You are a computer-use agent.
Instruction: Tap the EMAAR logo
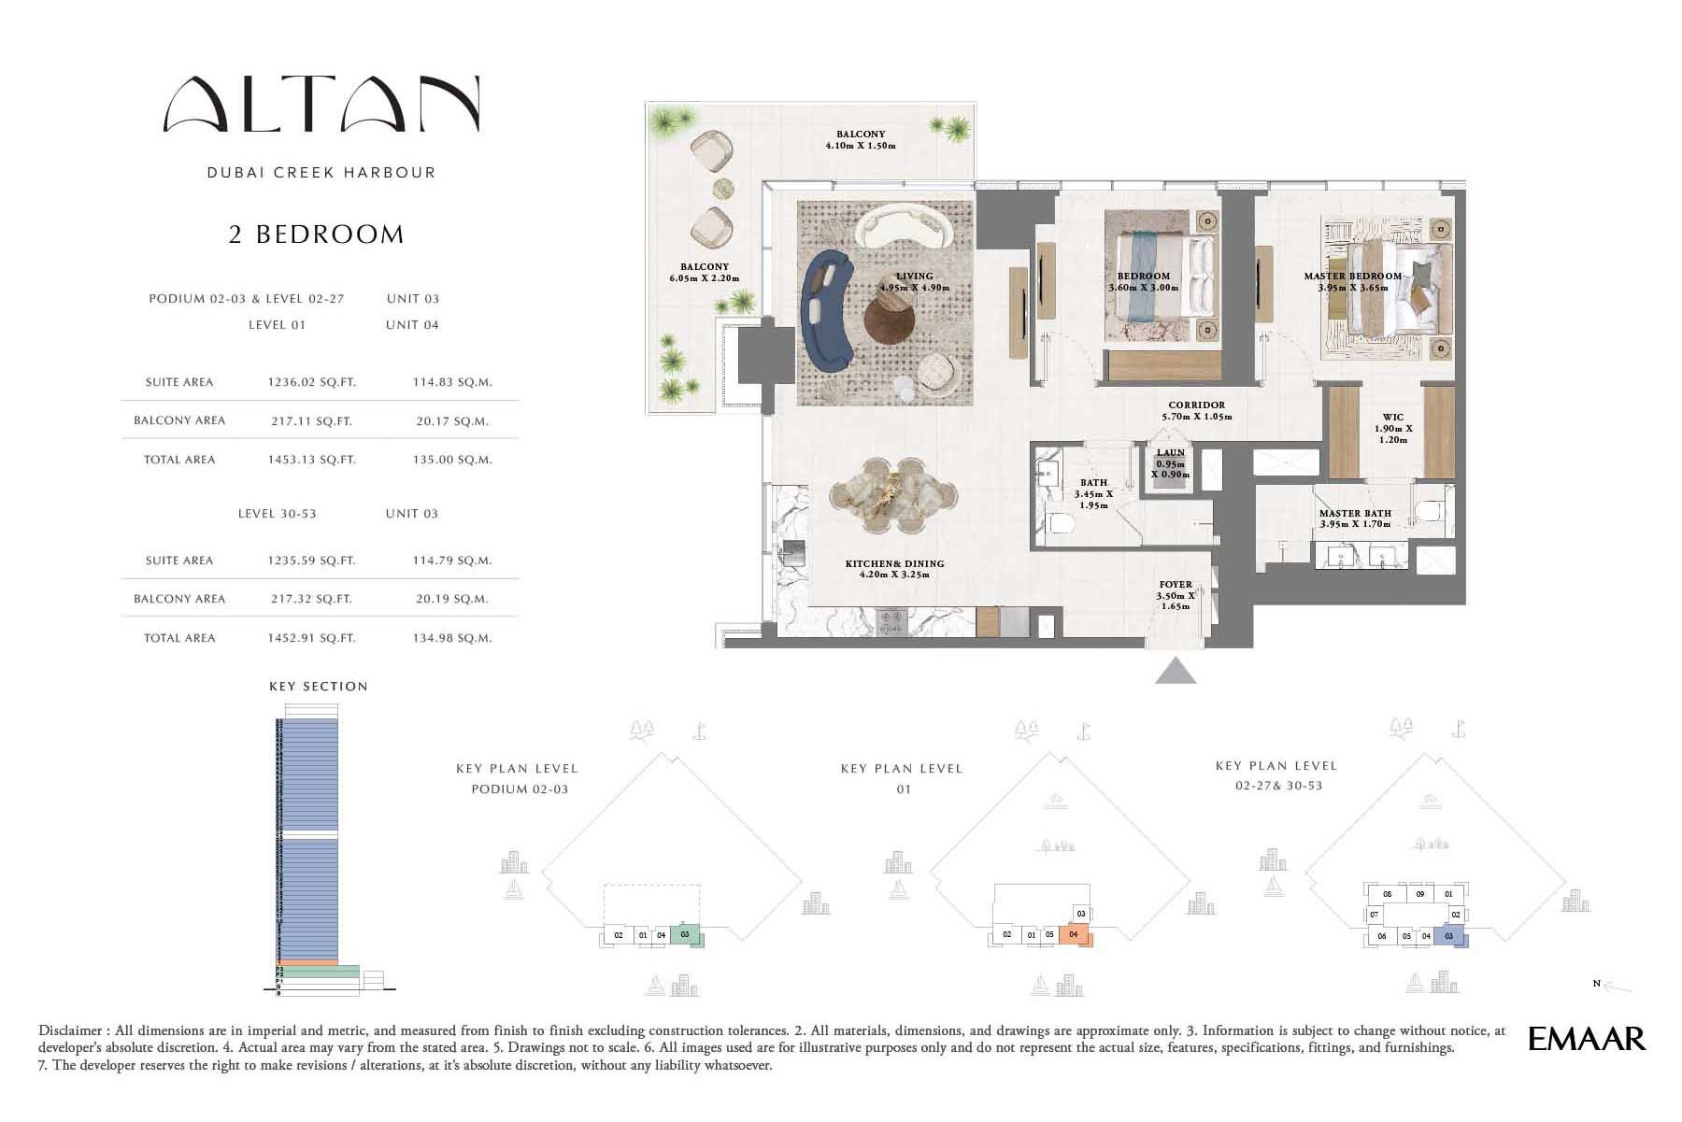(1587, 1039)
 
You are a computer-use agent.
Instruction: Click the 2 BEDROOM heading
(317, 234)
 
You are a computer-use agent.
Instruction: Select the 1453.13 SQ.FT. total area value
(311, 460)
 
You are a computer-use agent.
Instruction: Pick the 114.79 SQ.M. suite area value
(452, 561)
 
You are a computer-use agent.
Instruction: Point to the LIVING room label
(914, 277)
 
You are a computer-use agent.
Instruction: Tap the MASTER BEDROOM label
(1352, 277)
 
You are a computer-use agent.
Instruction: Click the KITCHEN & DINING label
(894, 564)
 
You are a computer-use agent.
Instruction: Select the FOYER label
(1175, 585)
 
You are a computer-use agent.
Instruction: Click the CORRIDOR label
(1196, 405)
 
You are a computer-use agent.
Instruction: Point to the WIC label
(1392, 419)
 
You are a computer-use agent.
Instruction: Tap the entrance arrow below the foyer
(1175, 672)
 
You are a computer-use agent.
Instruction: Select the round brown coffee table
(888, 319)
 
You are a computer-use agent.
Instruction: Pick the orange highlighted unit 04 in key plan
(1075, 935)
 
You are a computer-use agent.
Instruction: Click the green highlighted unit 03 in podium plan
(686, 934)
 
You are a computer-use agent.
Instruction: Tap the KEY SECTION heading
(318, 687)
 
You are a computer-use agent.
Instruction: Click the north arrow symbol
(1616, 986)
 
